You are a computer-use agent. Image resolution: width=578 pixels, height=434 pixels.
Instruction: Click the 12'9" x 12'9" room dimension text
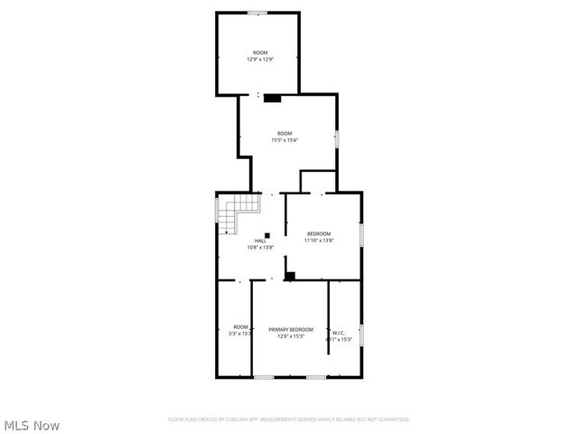click(260, 60)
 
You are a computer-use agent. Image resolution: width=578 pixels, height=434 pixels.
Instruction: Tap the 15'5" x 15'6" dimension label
click(285, 140)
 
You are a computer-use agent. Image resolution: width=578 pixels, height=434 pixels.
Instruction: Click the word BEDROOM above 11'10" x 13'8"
click(318, 234)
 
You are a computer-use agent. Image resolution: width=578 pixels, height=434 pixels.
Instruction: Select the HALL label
click(260, 241)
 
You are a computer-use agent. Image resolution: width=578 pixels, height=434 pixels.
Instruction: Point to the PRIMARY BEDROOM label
click(291, 329)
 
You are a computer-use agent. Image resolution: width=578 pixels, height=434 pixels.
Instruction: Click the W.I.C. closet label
click(339, 333)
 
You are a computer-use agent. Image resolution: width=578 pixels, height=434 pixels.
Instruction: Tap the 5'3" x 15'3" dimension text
click(240, 334)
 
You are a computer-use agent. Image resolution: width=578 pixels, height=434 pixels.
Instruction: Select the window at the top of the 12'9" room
click(257, 13)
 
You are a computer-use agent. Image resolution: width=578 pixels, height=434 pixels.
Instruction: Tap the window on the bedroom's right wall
click(361, 234)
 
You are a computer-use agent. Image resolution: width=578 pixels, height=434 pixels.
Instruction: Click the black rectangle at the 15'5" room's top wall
click(272, 99)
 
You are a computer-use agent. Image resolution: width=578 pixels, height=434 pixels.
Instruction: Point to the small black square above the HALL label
click(266, 234)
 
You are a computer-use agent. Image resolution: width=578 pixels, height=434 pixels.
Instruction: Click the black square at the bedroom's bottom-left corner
click(290, 276)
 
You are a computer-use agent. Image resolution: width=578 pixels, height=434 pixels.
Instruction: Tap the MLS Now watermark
click(32, 425)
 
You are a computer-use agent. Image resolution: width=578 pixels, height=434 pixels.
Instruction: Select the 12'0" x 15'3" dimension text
click(291, 336)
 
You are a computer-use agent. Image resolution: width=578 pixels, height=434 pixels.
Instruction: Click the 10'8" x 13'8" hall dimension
click(260, 247)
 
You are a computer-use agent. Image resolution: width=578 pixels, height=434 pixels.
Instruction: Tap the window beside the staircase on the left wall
click(217, 210)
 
